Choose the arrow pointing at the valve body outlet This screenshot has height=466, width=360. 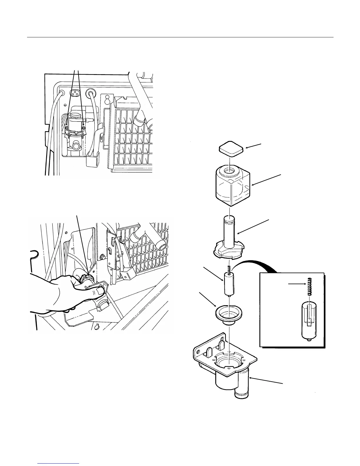(266, 380)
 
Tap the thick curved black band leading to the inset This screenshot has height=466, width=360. (256, 262)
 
